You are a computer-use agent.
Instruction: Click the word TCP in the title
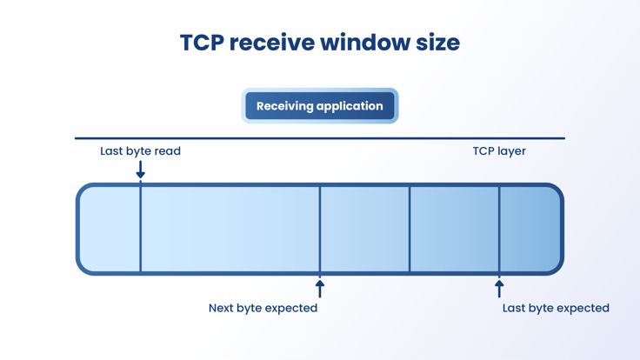click(x=202, y=43)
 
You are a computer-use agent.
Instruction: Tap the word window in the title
click(x=365, y=43)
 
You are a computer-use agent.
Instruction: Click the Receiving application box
click(x=320, y=106)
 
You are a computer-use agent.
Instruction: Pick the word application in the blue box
click(x=350, y=107)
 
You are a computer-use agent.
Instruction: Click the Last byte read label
click(x=140, y=151)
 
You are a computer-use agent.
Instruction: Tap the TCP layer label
click(x=499, y=151)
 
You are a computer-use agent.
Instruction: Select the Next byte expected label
click(x=263, y=308)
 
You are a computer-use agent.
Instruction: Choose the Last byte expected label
click(x=556, y=308)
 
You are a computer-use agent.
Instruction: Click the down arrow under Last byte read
click(x=140, y=170)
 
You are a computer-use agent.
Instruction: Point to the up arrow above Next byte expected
click(x=320, y=289)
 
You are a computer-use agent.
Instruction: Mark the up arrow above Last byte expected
click(x=499, y=289)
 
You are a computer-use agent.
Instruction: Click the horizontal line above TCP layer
click(x=320, y=138)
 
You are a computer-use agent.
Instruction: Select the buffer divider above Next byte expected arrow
click(x=320, y=229)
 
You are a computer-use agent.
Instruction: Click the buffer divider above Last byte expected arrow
click(x=499, y=229)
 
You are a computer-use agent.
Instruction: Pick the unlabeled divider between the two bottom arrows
click(x=410, y=229)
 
